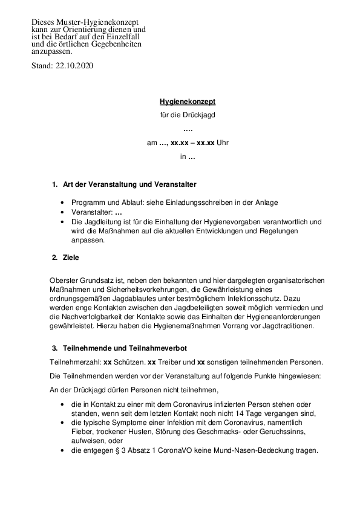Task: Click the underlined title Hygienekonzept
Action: [x=187, y=102]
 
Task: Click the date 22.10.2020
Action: [x=74, y=65]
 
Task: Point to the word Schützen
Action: [x=129, y=362]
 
